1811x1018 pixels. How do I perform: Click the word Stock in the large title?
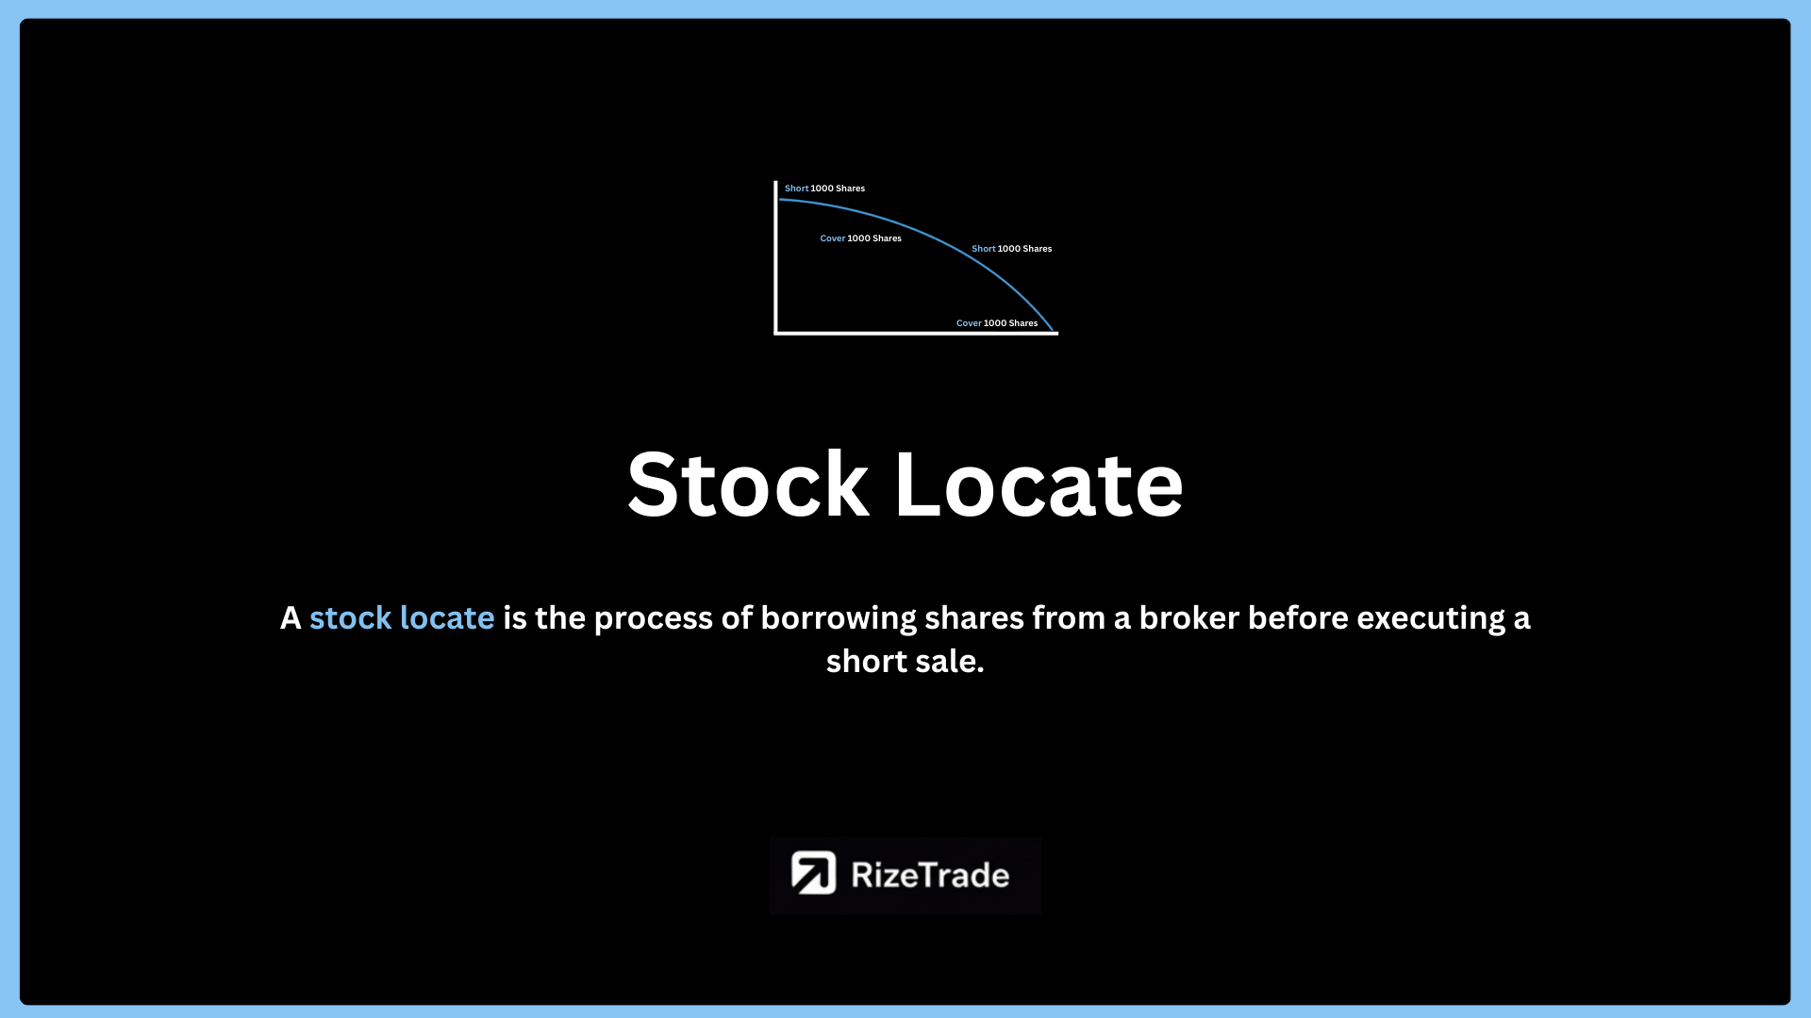click(748, 484)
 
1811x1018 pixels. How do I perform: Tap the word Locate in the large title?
click(1038, 484)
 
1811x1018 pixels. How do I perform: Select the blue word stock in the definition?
click(350, 618)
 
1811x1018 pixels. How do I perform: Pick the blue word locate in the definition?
click(447, 618)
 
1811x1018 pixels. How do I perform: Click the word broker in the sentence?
click(1189, 618)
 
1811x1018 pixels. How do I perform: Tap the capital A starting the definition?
click(291, 619)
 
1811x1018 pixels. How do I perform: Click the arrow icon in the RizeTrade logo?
click(813, 873)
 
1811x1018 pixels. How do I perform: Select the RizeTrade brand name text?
click(930, 875)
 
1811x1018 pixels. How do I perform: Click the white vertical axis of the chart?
click(775, 257)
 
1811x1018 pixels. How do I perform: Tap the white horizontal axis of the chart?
click(916, 333)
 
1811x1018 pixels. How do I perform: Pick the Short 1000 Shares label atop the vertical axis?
click(824, 189)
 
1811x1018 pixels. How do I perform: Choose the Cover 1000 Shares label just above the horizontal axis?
click(997, 323)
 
